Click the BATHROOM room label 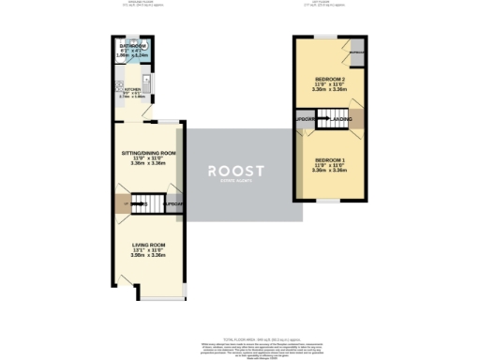132,45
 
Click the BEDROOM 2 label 332,78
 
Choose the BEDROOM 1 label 332,160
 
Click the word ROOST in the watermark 240,171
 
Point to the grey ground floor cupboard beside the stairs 172,202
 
